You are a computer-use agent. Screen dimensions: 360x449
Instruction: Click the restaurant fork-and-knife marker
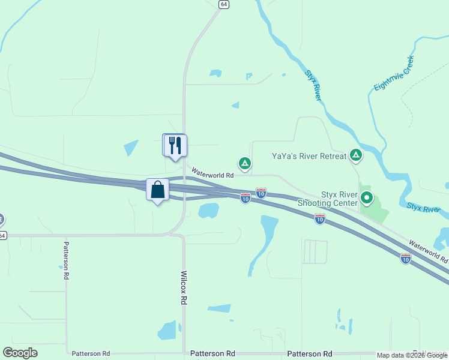(x=175, y=145)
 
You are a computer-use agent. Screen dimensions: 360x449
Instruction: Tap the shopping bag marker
(x=157, y=190)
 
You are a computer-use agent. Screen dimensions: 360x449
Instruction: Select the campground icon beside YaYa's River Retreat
(x=356, y=156)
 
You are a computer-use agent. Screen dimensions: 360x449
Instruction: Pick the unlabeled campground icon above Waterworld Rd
(x=244, y=163)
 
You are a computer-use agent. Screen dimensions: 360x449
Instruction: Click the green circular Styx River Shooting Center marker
(x=366, y=197)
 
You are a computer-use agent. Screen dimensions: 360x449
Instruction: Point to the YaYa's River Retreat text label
(x=309, y=156)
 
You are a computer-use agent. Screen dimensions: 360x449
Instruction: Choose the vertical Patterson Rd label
(x=66, y=262)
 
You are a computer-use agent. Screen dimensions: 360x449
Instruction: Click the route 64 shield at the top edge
(x=223, y=4)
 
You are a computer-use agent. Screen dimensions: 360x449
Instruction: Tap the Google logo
(x=20, y=353)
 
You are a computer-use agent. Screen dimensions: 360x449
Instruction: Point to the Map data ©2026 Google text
(x=412, y=355)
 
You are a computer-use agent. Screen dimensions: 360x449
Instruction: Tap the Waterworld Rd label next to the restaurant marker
(x=212, y=174)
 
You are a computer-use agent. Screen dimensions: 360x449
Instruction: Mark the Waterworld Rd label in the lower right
(x=428, y=252)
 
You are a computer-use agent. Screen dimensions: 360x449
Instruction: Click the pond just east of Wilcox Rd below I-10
(x=208, y=211)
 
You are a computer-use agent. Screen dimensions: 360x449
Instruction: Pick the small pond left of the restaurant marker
(x=131, y=148)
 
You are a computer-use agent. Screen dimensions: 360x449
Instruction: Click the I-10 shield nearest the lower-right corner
(x=406, y=259)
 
